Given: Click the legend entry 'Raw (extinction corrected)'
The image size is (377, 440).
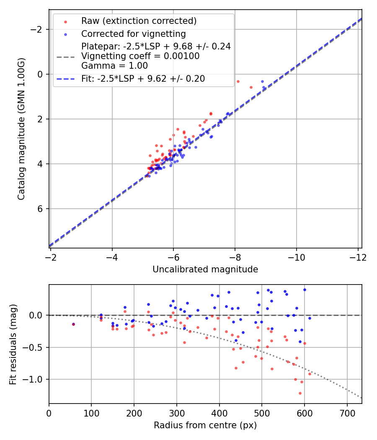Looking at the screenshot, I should (x=139, y=21).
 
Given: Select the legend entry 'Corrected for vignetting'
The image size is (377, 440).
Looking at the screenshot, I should (x=134, y=34).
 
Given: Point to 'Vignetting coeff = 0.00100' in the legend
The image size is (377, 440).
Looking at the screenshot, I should (x=140, y=56).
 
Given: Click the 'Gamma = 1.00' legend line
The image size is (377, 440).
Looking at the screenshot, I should (x=115, y=65).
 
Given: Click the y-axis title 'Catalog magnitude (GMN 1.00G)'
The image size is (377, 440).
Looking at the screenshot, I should (x=21, y=129).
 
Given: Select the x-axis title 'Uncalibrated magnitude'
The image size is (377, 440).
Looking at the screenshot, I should (x=205, y=269).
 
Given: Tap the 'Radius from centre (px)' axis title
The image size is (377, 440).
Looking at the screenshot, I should (x=205, y=425).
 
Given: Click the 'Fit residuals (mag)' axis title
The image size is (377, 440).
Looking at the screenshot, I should (x=13, y=344).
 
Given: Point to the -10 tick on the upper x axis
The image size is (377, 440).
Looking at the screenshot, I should (x=296, y=257).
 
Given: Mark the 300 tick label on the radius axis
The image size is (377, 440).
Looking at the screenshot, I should (x=177, y=413).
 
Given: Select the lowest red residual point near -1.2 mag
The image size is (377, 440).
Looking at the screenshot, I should (x=300, y=393).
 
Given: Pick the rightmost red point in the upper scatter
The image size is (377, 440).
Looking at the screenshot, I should (x=251, y=87).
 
